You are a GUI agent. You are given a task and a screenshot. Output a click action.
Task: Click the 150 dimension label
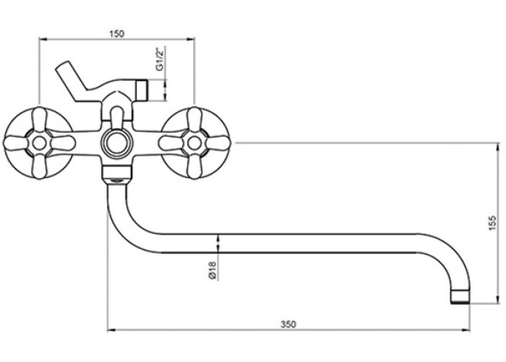coord(117,33)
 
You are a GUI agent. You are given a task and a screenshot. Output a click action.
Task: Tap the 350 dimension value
coord(288,324)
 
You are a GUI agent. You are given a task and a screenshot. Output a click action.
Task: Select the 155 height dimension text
coord(492,223)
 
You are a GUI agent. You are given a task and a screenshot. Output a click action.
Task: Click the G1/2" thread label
coord(160,59)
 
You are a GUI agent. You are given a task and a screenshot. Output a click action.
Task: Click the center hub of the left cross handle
coord(40,143)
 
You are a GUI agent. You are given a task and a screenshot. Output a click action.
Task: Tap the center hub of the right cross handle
coord(194,143)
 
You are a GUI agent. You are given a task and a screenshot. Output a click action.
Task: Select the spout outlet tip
coord(460,297)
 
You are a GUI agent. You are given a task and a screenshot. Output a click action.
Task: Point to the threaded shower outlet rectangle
coord(142,90)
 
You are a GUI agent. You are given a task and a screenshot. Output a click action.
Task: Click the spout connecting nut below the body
coord(116,174)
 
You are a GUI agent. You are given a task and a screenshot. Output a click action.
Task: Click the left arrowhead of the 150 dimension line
coord(43,39)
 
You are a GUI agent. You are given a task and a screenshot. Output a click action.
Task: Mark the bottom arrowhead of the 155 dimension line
coord(497,299)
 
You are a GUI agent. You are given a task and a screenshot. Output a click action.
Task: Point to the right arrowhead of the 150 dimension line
coord(191,39)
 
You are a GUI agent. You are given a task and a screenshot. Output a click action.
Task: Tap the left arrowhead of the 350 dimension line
coord(111,330)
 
